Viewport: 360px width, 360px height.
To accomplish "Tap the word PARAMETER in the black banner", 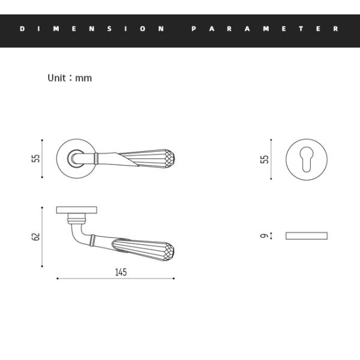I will (x=265, y=28).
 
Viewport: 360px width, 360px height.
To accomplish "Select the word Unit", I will (x=59, y=78).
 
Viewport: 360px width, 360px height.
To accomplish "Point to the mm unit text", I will (x=84, y=79).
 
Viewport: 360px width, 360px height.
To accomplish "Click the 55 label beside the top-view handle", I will (x=36, y=158).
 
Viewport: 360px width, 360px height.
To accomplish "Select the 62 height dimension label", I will (x=36, y=237).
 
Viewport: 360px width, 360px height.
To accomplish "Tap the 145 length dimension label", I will (x=121, y=272).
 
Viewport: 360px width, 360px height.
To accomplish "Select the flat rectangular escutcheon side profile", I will (x=306, y=235).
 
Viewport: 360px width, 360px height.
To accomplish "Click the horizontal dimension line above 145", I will (x=115, y=279).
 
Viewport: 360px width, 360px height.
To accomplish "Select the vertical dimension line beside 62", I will (x=42, y=237).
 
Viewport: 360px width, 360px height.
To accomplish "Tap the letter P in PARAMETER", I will (x=194, y=28).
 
